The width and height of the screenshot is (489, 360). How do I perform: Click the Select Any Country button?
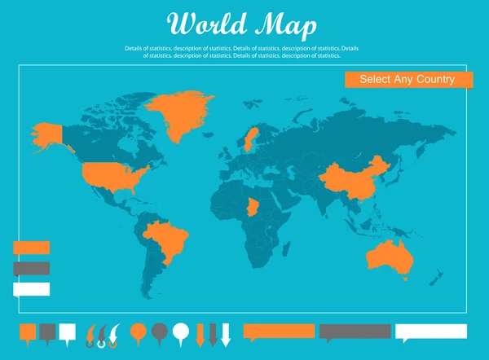click(x=408, y=80)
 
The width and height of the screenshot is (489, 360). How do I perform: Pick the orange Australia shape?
click(x=389, y=255)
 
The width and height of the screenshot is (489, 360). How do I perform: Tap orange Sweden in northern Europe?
click(x=250, y=138)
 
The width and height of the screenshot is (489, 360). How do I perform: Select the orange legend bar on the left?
click(x=31, y=247)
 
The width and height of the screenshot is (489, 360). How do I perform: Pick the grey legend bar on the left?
click(x=31, y=267)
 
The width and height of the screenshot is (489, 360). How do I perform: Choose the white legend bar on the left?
click(x=31, y=288)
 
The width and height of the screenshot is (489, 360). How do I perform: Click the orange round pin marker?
click(x=139, y=331)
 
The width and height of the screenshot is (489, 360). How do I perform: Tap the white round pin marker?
click(x=181, y=331)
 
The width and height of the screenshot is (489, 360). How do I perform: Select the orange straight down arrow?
click(x=200, y=334)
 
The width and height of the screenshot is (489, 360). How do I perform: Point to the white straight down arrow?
click(x=226, y=334)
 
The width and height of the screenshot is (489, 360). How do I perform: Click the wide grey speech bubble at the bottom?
click(x=355, y=331)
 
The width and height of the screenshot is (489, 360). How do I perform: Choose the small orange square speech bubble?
click(x=28, y=331)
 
